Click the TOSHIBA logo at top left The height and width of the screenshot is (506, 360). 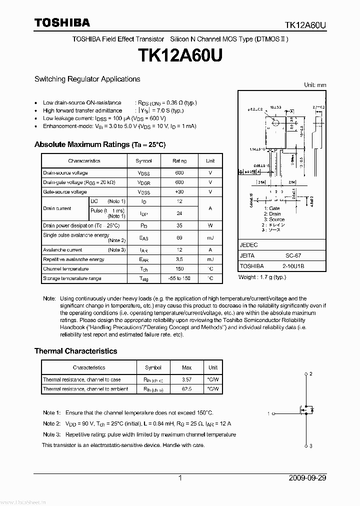pos(62,22)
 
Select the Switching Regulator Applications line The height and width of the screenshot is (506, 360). pos(87,79)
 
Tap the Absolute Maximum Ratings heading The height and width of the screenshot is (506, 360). pos(99,144)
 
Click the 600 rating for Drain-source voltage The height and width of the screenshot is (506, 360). pos(179,173)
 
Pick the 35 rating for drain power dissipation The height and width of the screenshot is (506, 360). pos(179,225)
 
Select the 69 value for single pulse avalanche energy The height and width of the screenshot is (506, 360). pos(179,238)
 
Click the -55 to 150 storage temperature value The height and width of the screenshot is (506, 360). pos(179,278)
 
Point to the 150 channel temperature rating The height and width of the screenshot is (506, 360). pos(179,269)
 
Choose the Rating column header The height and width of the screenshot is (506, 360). pos(179,161)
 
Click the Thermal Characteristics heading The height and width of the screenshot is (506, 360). pos(75,351)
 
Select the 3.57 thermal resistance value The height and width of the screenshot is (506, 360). pos(187,379)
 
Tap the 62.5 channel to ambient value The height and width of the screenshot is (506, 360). pos(187,389)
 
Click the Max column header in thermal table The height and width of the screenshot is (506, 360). pos(187,367)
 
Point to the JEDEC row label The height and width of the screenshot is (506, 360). pos(248,245)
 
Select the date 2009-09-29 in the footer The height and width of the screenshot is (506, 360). pos(307,478)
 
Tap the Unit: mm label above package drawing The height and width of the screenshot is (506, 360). pos(315,85)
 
